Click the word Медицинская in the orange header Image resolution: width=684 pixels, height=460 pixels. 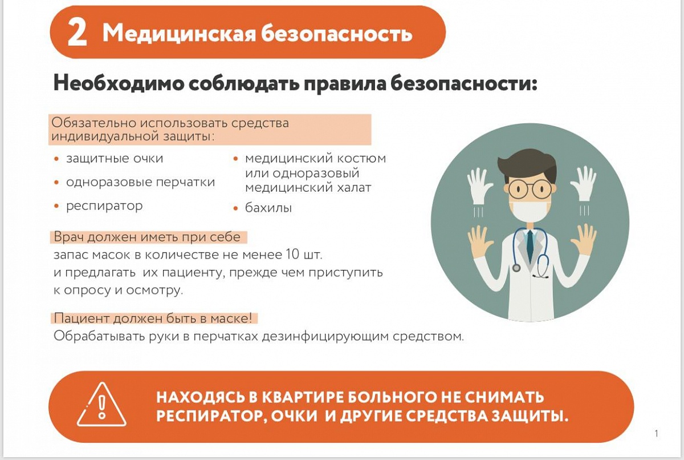pos(179,33)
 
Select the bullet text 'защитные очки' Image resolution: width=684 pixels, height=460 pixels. pos(115,159)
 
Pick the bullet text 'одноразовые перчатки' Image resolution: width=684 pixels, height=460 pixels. pos(141,183)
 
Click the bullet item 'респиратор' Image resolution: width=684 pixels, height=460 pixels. pos(104,206)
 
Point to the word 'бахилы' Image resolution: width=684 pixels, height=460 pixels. pos(268,208)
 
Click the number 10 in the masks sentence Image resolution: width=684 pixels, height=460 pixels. pos(292,255)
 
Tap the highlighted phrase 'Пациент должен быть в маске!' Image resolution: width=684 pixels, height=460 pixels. pos(153,318)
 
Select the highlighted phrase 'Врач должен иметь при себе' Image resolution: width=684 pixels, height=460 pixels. pos(147,237)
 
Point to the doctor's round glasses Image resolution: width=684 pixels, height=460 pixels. pos(530,188)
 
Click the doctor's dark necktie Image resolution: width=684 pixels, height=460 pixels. pos(530,244)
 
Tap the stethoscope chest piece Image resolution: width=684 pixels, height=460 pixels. pos(516,268)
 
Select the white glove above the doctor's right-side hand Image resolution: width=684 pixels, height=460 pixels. pos(583,183)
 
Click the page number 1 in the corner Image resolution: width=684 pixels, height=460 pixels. pos(657,433)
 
